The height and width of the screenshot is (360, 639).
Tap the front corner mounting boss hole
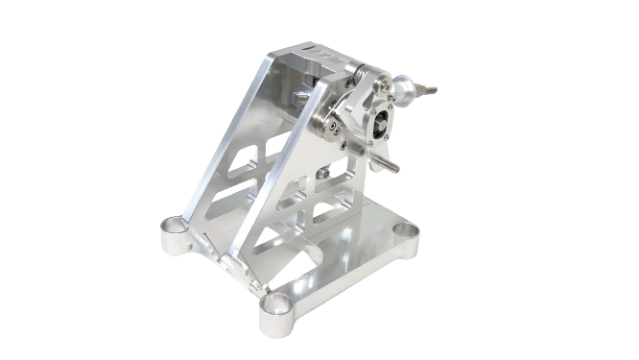[x=274, y=305]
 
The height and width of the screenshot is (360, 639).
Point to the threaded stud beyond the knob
[x=429, y=91]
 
